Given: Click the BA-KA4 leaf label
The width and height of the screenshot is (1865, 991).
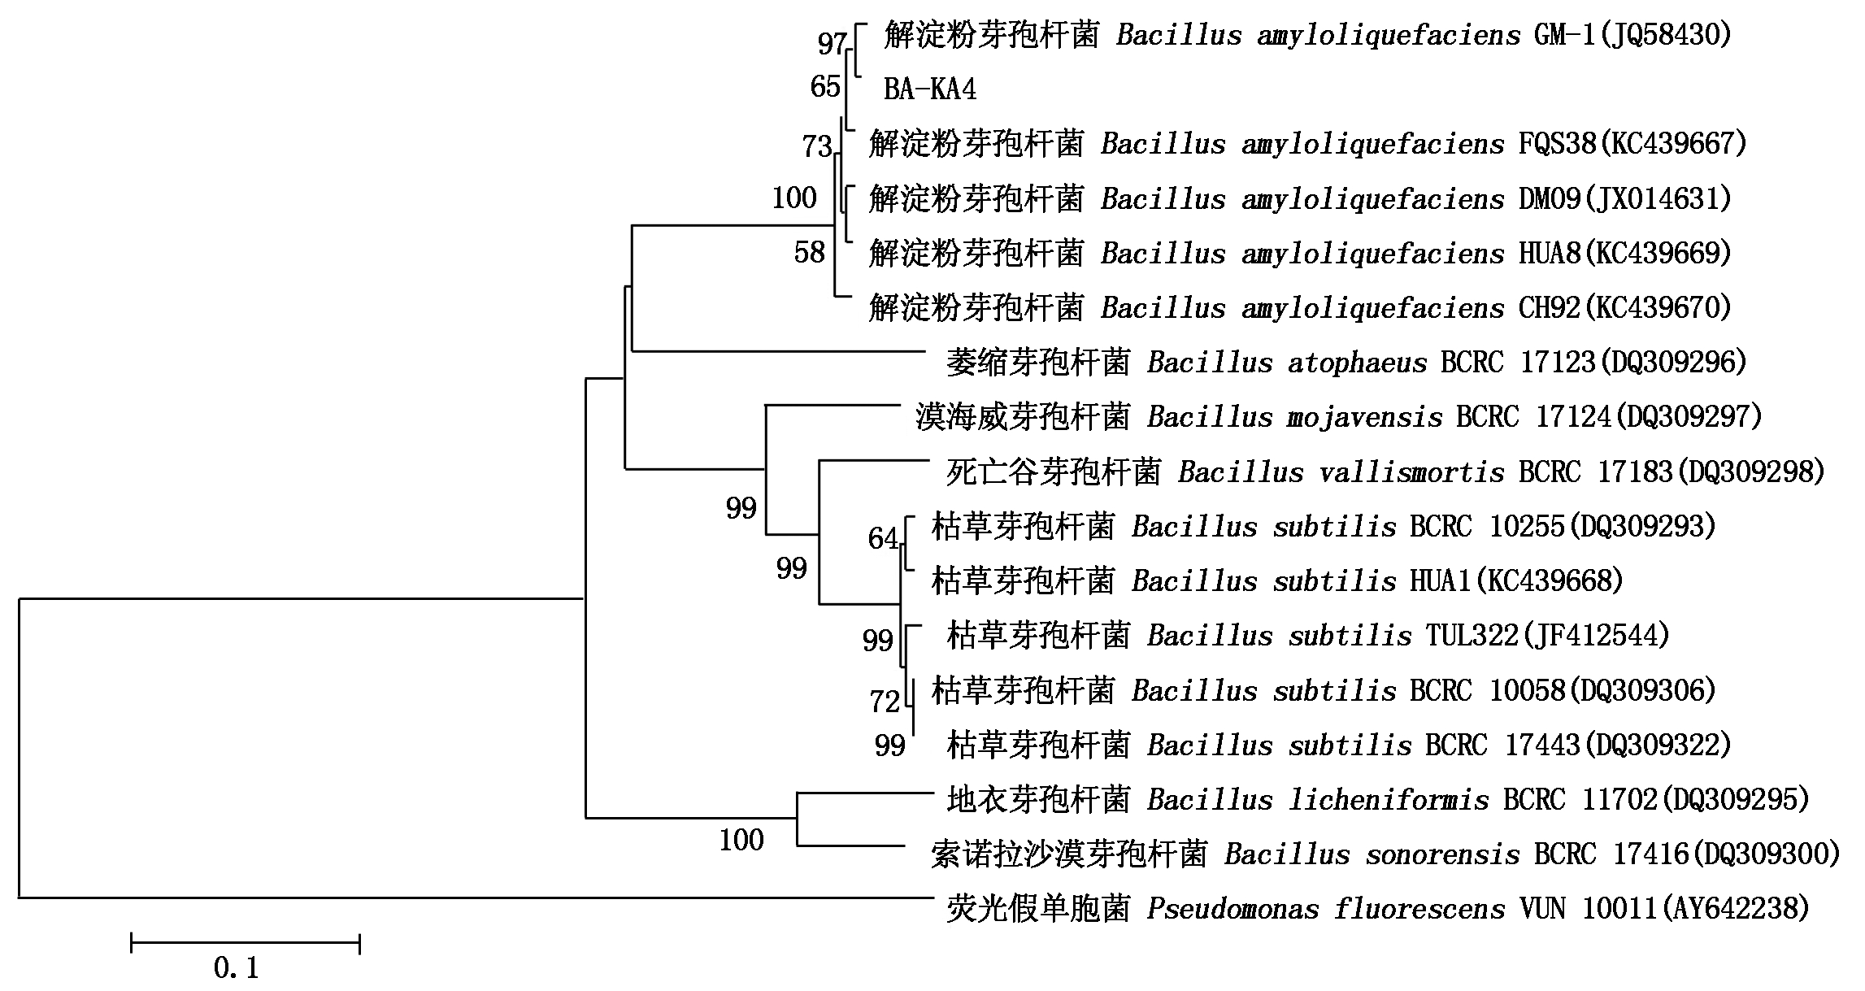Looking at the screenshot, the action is point(929,89).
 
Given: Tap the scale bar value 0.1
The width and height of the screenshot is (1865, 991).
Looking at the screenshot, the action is point(236,967).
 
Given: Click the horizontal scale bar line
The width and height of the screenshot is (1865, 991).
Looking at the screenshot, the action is point(246,943).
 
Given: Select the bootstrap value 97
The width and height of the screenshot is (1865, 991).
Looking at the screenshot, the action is point(833,43).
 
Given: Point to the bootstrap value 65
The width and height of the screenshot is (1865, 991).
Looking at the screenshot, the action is point(825,86).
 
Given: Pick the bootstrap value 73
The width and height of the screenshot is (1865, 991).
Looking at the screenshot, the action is point(817,146).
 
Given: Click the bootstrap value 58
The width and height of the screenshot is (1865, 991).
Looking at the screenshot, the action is point(810,253).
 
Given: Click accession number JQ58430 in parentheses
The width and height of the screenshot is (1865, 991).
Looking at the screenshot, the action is point(1666,35).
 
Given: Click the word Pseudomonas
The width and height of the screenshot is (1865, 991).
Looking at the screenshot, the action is point(1233,908).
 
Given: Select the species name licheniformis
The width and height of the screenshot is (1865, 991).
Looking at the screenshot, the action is point(1389,800).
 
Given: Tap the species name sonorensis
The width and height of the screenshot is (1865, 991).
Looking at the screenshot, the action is point(1435,854).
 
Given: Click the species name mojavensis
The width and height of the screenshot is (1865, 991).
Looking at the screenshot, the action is point(1365,418).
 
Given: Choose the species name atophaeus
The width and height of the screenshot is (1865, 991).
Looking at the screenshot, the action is point(1358,363).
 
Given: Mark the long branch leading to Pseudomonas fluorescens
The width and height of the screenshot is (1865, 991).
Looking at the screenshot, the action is point(471,898).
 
